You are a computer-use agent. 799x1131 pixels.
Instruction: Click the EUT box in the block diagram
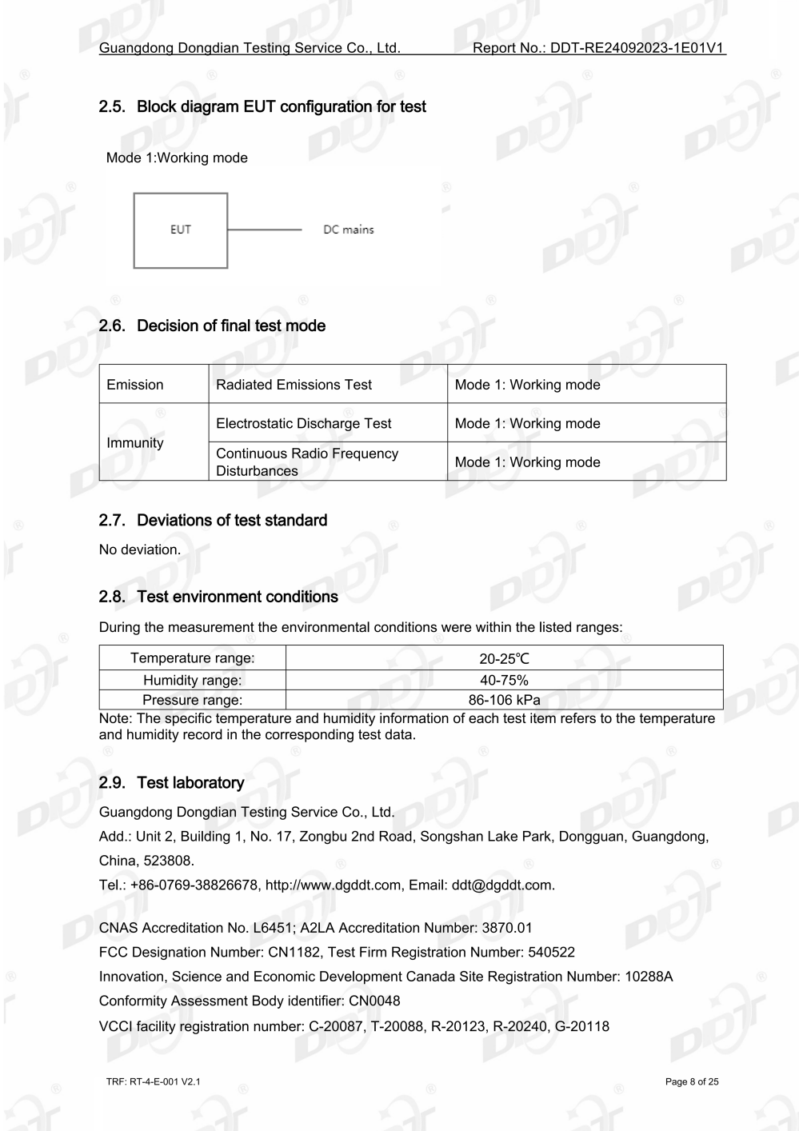(181, 230)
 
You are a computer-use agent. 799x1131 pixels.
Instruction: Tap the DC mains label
(348, 230)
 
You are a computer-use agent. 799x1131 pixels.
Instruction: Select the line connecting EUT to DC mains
(264, 230)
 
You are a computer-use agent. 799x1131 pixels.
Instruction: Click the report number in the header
(599, 48)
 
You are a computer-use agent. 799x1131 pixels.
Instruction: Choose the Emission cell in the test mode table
(135, 385)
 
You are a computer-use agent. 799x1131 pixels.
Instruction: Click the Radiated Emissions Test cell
(294, 385)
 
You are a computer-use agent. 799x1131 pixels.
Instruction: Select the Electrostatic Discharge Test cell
(303, 423)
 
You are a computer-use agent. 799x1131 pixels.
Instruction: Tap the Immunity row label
(135, 442)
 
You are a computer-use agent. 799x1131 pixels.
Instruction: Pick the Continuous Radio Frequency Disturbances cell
(306, 462)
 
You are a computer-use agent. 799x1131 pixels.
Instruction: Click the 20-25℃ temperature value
(504, 659)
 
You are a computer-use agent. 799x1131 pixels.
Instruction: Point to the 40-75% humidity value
(504, 681)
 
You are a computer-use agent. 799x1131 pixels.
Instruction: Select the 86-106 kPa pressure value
(504, 701)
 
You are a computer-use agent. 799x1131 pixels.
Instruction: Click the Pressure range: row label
(192, 701)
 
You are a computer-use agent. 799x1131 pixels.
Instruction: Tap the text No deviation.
(140, 550)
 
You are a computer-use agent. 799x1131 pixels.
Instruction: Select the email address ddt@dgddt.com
(502, 885)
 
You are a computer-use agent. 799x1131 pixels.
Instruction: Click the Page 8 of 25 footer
(692, 1082)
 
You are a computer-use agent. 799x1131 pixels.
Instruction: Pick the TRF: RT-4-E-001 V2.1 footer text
(153, 1082)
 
